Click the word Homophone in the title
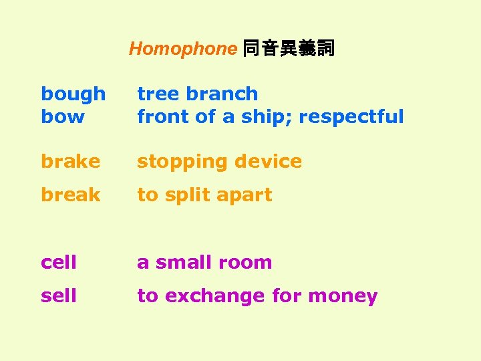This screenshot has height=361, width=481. (x=182, y=49)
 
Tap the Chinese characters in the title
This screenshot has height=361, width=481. (x=288, y=49)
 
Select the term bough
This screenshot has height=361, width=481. (x=73, y=94)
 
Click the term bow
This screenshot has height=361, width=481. (x=63, y=116)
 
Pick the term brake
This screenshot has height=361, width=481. (x=70, y=161)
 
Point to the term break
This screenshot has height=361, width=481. (x=70, y=195)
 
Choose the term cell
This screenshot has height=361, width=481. (x=59, y=262)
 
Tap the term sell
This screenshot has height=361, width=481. (x=59, y=295)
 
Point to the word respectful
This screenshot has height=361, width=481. (x=351, y=117)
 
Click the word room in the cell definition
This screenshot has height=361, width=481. (x=247, y=262)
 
